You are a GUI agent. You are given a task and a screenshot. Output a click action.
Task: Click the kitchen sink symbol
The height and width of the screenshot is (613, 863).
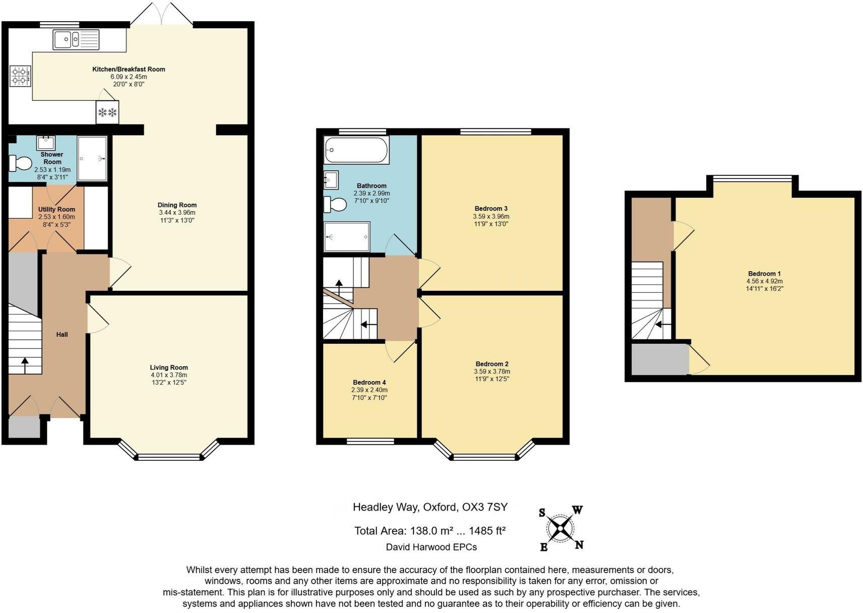coord(76,39)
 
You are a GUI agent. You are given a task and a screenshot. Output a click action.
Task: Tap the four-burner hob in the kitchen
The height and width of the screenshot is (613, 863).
coord(20,76)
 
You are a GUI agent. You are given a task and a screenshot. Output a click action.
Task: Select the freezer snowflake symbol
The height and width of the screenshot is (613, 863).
coord(107,112)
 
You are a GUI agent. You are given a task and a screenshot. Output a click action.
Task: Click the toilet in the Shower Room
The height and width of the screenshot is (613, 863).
coord(20,163)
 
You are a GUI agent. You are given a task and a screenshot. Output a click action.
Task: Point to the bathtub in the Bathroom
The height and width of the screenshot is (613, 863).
coord(356,150)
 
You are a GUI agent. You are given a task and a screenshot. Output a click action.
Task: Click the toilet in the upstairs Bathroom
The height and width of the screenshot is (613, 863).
coord(335,204)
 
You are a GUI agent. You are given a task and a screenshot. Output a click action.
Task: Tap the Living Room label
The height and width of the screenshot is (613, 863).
coord(168,367)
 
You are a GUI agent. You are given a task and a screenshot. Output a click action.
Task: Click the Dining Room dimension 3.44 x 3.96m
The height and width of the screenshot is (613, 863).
coord(176,213)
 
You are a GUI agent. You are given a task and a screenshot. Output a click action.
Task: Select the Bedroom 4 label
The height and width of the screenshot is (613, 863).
coord(369,383)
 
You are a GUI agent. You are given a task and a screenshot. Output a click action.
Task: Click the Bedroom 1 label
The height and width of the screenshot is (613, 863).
coord(764,274)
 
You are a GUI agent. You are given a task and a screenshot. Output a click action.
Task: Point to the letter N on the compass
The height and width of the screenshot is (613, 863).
coord(579,544)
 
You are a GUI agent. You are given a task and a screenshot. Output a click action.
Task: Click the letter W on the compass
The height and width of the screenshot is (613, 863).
coord(577,510)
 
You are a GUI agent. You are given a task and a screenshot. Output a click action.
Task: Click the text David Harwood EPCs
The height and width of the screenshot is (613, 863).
coord(431,547)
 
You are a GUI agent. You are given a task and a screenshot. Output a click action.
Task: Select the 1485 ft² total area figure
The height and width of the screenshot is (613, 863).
coord(487,531)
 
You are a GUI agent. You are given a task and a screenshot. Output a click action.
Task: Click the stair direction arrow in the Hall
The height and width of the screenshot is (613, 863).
coord(25,365)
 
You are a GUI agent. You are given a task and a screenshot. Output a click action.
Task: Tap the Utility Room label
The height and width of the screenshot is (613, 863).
coord(56,209)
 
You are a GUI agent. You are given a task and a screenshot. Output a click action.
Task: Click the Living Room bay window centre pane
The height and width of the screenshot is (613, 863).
coord(169,457)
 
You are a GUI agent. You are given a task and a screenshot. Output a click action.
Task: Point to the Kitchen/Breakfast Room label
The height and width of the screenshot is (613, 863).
coord(129,69)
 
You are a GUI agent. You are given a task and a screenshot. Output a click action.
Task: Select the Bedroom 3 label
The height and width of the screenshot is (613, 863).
coord(490,209)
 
